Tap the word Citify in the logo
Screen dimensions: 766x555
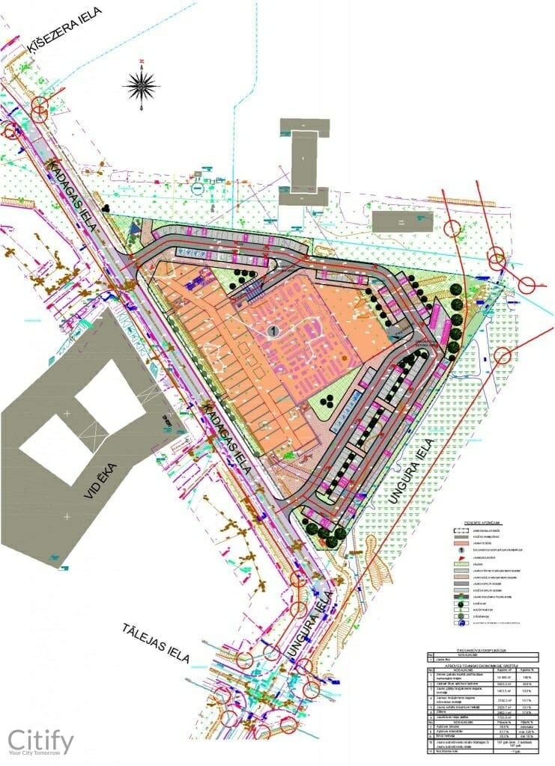coord(40,741)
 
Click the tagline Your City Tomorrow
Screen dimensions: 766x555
coord(40,756)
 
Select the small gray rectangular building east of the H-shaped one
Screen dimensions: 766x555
coord(401,219)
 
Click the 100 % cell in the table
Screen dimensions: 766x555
coord(527,676)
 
